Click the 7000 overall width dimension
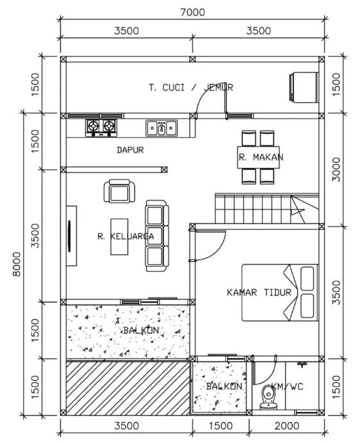click(192, 12)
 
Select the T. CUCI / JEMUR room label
click(190, 87)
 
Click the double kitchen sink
click(161, 128)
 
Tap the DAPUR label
click(129, 150)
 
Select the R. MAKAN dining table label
click(261, 157)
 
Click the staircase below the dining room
click(265, 208)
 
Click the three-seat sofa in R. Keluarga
click(155, 235)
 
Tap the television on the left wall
click(69, 235)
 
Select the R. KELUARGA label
click(125, 236)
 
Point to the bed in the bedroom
click(280, 292)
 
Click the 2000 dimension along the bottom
click(286, 426)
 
